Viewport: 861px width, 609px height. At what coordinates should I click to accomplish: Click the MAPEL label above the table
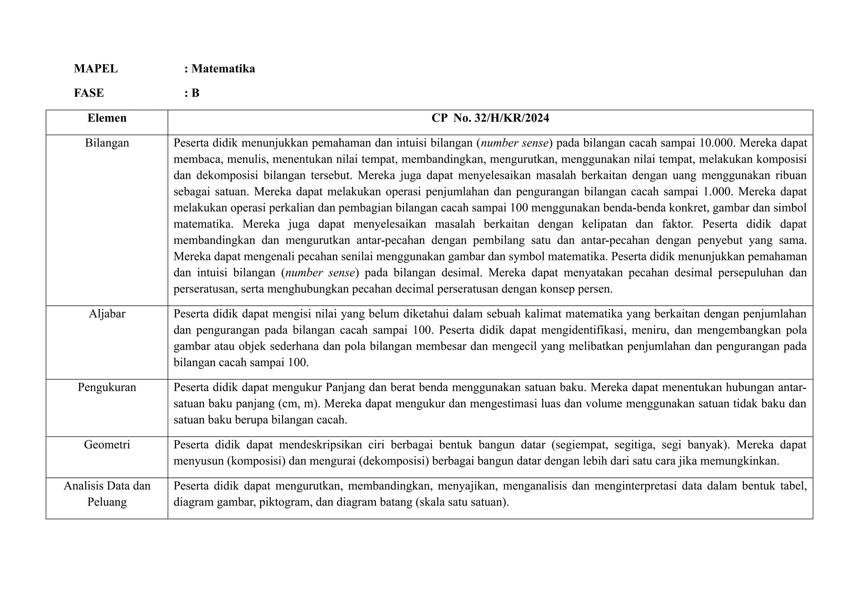(96, 69)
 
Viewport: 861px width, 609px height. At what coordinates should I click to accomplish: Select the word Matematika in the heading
(223, 69)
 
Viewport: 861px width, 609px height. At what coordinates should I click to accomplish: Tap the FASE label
(89, 93)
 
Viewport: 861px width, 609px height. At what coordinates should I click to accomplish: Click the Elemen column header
(107, 118)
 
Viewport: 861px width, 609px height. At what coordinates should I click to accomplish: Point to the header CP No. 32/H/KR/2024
(490, 118)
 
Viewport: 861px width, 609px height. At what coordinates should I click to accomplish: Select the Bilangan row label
(107, 143)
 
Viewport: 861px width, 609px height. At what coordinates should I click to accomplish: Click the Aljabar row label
(107, 314)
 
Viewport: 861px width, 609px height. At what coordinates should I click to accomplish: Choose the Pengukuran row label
(107, 387)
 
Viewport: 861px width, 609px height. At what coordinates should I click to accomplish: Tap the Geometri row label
(107, 445)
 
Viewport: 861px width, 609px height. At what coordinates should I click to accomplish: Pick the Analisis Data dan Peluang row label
(107, 494)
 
